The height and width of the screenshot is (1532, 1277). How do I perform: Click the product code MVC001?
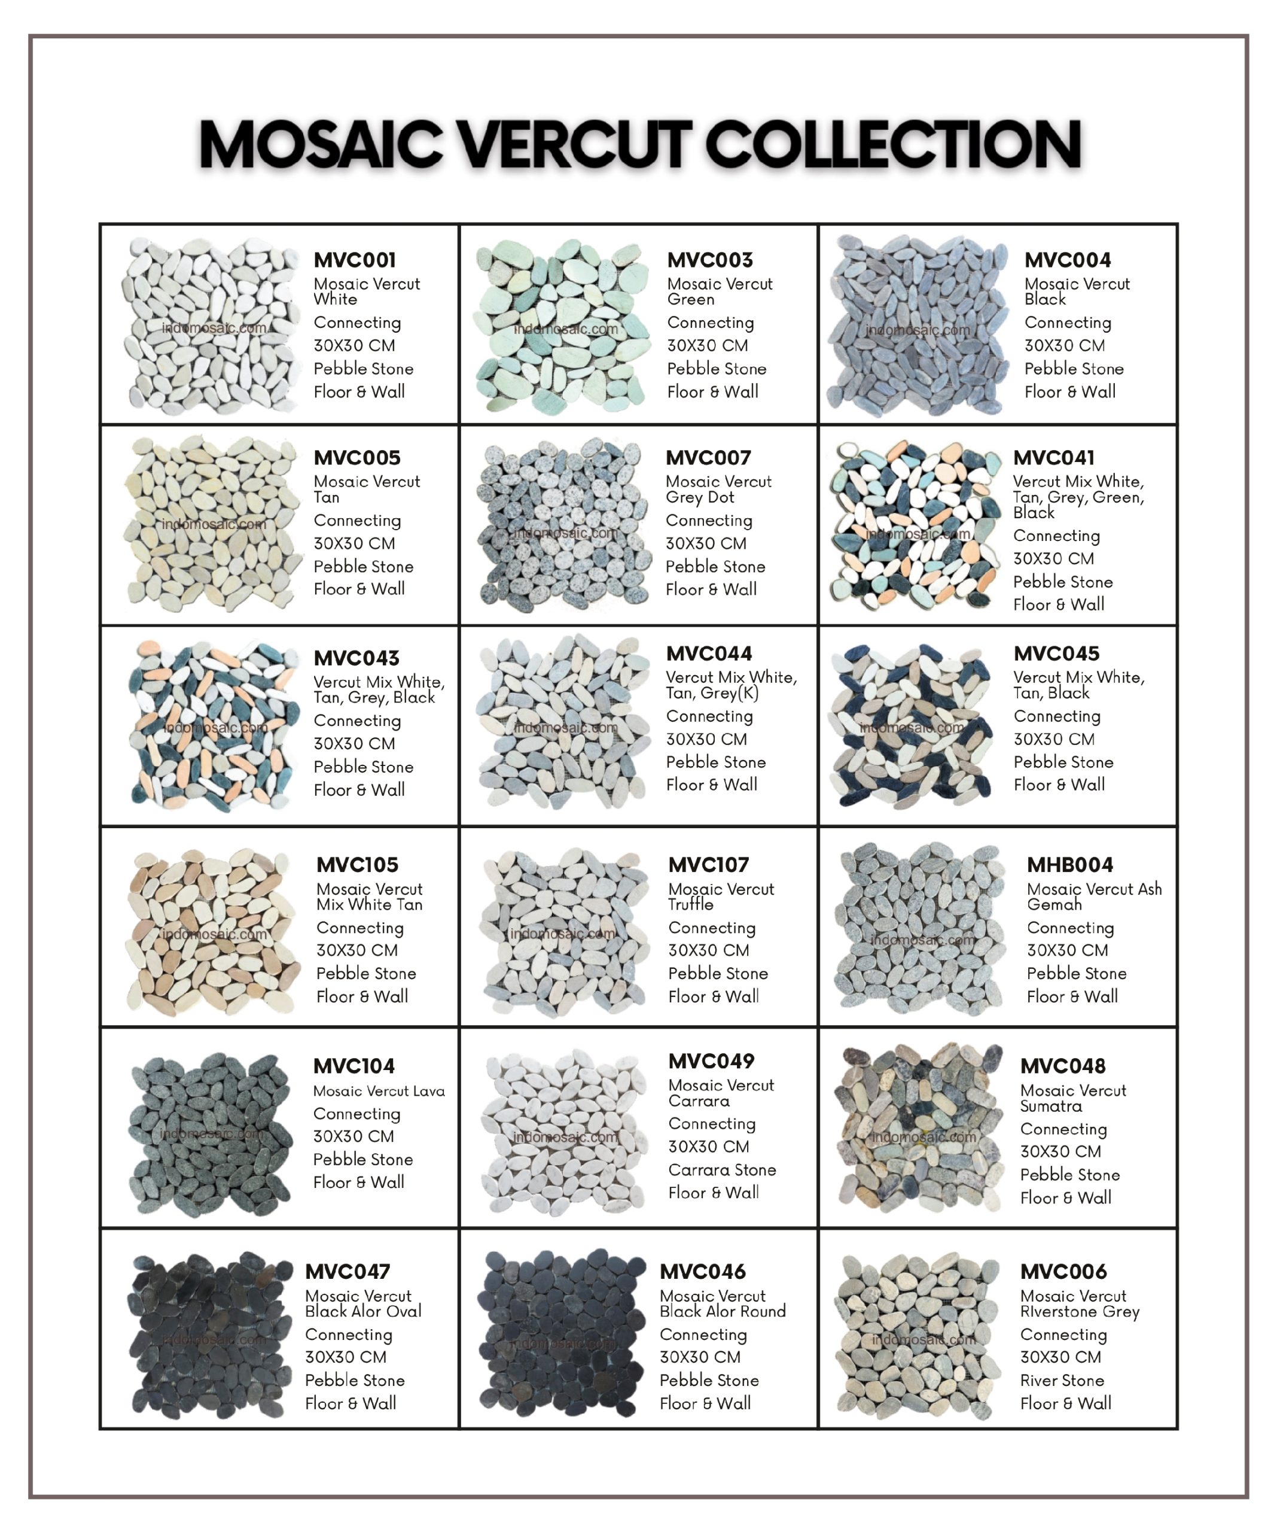355,260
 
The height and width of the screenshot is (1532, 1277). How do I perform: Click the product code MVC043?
356,658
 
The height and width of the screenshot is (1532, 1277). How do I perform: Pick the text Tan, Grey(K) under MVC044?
712,693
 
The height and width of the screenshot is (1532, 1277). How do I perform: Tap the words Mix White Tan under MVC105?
369,905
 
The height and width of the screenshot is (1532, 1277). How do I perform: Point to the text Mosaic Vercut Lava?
379,1092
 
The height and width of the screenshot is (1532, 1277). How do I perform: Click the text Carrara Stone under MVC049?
721,1170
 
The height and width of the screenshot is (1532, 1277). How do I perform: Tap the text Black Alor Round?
722,1312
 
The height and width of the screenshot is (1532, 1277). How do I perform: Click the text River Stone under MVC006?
1061,1381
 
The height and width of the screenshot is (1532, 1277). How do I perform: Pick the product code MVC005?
356,458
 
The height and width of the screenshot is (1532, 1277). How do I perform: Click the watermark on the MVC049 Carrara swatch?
565,1137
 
